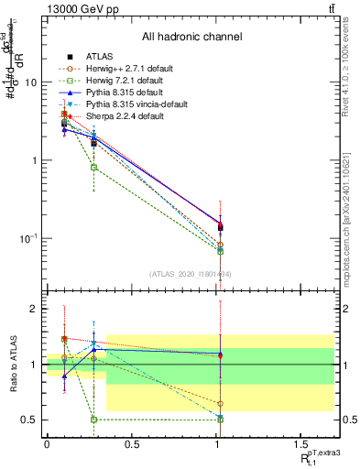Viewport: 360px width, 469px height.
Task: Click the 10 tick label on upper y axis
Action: pos(29,82)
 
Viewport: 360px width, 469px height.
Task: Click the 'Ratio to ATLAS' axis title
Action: pos(12,365)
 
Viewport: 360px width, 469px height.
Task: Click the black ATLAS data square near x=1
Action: pos(220,226)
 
